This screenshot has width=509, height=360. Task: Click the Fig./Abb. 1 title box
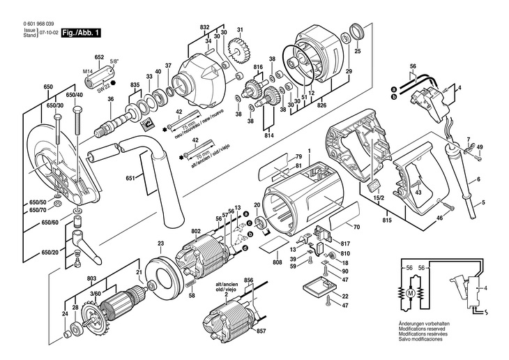[x=82, y=33]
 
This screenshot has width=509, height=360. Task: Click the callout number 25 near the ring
[x=358, y=51]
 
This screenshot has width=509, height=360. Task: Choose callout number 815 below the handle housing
[x=386, y=221]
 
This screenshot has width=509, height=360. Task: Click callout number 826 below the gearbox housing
[x=322, y=106]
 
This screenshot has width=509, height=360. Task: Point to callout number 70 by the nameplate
[x=357, y=227]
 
